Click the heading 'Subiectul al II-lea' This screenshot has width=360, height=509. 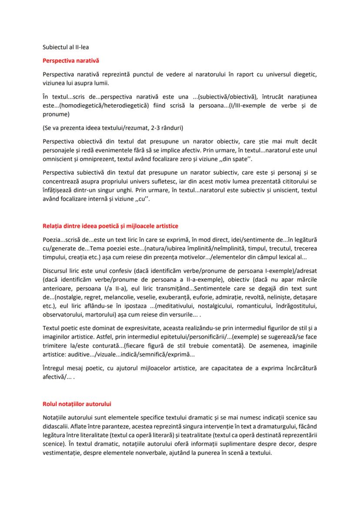[x=66, y=47]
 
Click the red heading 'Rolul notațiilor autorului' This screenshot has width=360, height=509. [x=77, y=404]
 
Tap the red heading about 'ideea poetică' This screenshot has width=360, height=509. [x=110, y=226]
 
